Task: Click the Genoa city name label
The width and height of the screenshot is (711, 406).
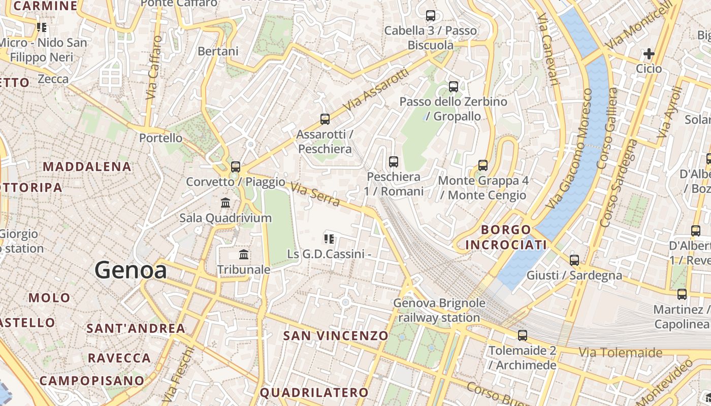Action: point(131,270)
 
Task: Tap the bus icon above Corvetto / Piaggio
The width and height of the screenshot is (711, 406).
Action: point(235,166)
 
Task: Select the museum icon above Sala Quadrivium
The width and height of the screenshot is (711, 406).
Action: point(225,203)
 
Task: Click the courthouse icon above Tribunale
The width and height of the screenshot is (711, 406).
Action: point(244,254)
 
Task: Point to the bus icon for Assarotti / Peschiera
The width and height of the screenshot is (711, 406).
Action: point(325,119)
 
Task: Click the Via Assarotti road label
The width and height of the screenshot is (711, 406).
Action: point(376,90)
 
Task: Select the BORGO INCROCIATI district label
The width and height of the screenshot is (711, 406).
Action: point(506,238)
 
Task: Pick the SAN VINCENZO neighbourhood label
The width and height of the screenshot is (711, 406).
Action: point(336,335)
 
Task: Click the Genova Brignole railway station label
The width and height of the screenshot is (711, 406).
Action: point(439,311)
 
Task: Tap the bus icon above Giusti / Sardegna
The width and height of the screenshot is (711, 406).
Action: point(574,260)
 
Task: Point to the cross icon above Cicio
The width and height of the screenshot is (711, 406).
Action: point(649,53)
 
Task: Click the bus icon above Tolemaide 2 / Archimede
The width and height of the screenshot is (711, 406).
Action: point(523,335)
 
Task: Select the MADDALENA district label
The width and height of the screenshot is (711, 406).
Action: point(87,166)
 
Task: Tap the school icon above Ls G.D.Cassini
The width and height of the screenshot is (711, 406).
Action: point(329,238)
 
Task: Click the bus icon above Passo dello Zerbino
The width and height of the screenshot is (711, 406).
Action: point(454,87)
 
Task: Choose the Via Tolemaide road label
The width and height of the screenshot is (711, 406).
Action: point(621,352)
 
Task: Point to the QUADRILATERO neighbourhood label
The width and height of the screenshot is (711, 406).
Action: point(314,392)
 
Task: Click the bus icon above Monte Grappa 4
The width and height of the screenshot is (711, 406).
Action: point(483,165)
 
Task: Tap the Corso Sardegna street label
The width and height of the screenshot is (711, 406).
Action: point(618,183)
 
